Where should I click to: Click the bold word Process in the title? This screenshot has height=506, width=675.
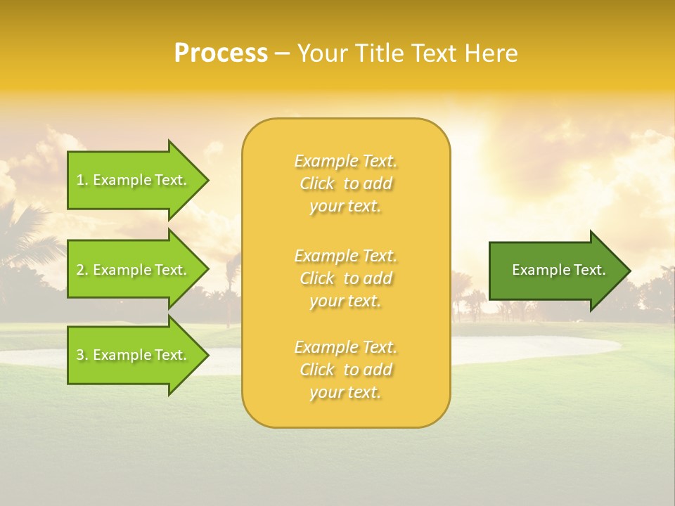pyautogui.click(x=221, y=53)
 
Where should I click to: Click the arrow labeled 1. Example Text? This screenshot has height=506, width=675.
pyautogui.click(x=134, y=180)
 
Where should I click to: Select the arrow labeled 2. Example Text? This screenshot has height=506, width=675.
pyautogui.click(x=134, y=270)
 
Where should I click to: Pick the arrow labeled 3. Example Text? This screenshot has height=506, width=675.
pyautogui.click(x=134, y=355)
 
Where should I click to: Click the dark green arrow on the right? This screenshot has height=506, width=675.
pyautogui.click(x=555, y=271)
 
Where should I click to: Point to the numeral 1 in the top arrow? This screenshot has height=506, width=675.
pyautogui.click(x=80, y=180)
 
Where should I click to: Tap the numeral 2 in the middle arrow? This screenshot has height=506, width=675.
pyautogui.click(x=81, y=270)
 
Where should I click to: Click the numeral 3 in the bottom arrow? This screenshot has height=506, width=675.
pyautogui.click(x=81, y=355)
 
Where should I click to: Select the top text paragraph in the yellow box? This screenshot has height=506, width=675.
pyautogui.click(x=345, y=183)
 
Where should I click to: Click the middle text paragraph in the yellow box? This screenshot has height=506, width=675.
pyautogui.click(x=345, y=278)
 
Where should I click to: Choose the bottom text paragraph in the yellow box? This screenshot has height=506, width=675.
pyautogui.click(x=345, y=370)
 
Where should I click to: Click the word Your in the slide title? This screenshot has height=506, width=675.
pyautogui.click(x=323, y=53)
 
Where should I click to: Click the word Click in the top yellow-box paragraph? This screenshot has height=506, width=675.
pyautogui.click(x=316, y=183)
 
